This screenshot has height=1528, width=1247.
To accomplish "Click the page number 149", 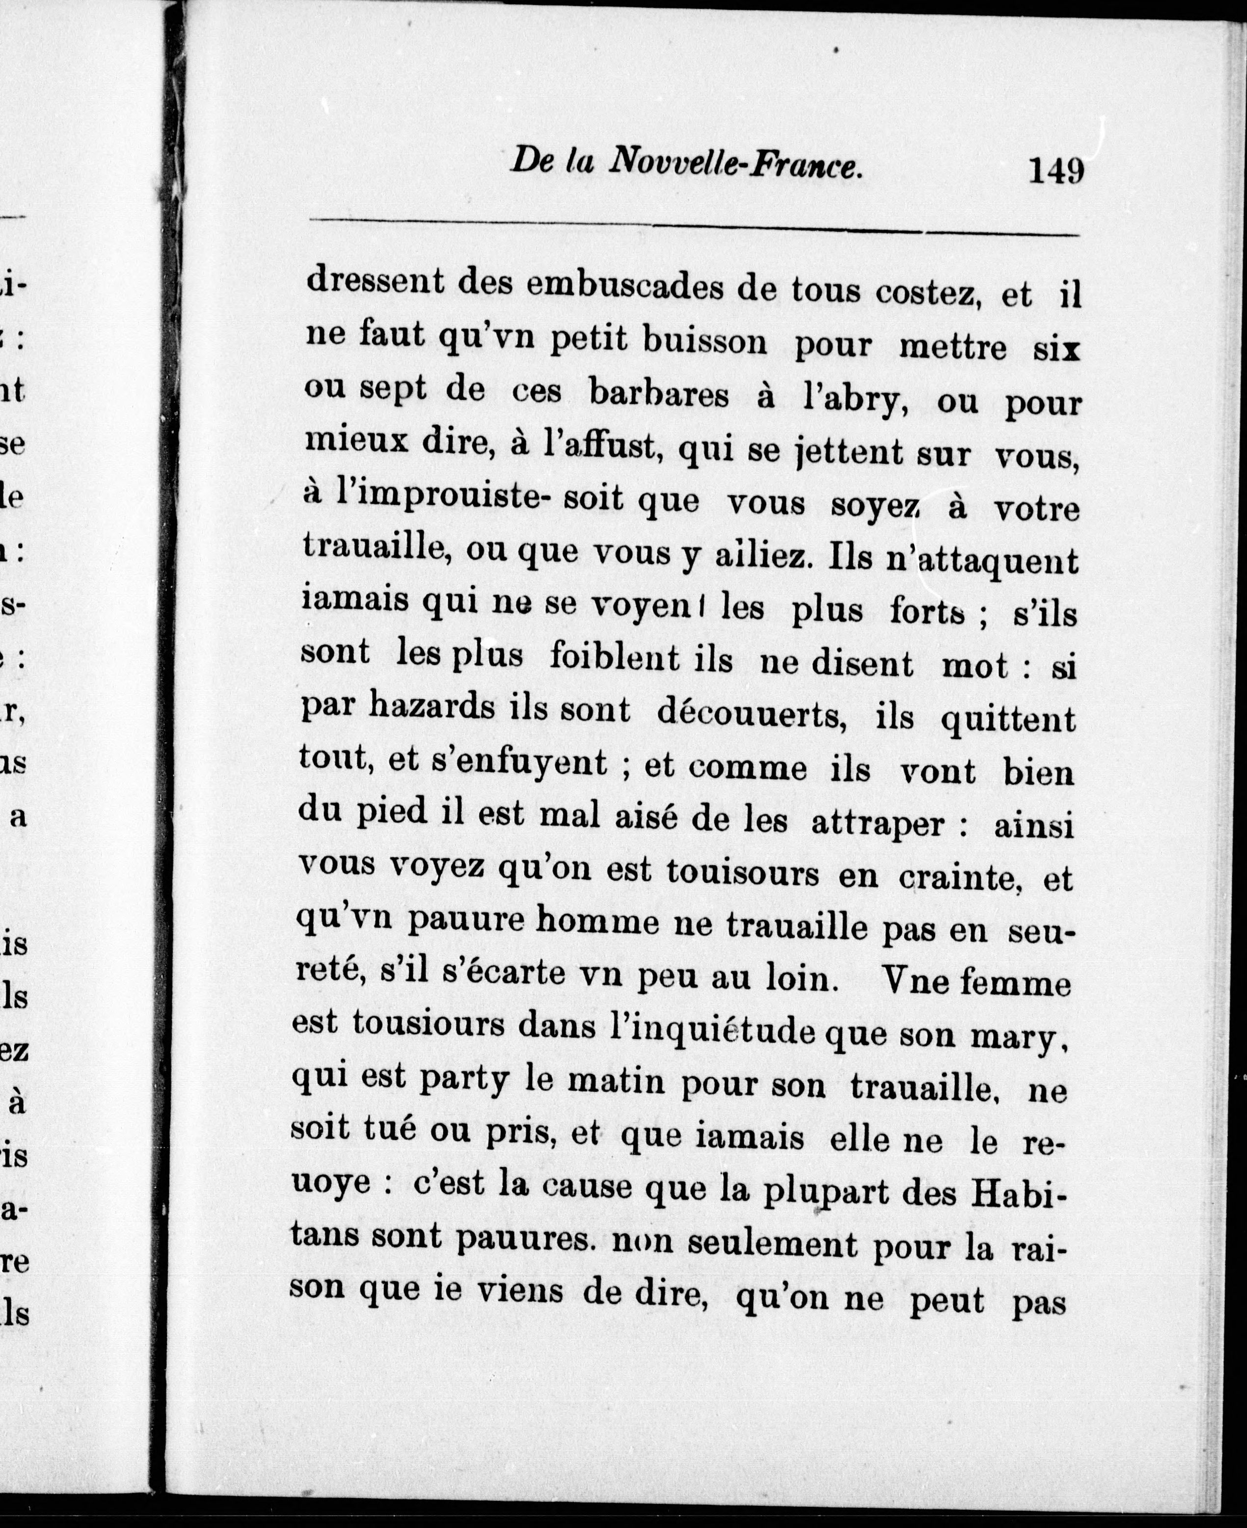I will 1056,172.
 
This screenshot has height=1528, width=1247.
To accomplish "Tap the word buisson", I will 705,341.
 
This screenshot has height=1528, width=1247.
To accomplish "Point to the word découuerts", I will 750,715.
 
